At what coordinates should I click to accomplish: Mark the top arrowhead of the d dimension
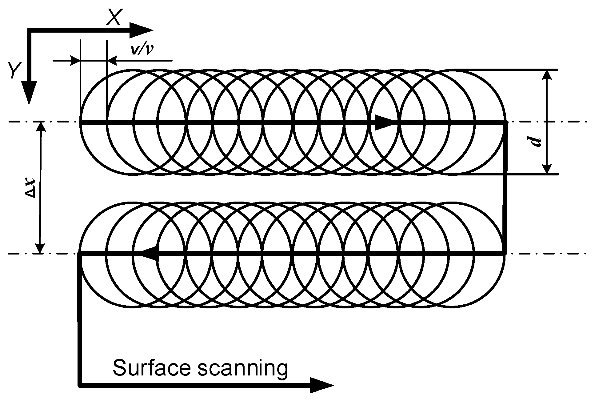pos(546,75)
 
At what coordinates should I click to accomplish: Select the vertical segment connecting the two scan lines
pos(505,188)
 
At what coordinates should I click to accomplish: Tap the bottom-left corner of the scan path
pos(80,384)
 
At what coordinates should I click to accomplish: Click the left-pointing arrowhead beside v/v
pos(112,60)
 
